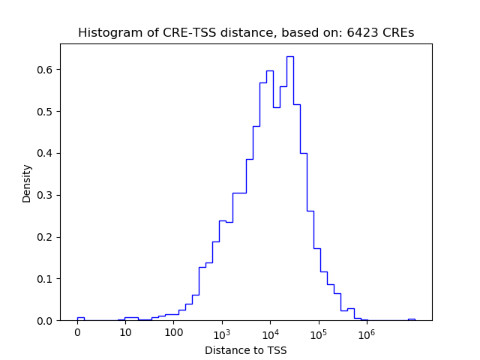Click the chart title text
(x=245, y=33)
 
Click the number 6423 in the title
(x=361, y=33)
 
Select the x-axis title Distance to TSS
(x=245, y=350)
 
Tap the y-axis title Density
(x=27, y=183)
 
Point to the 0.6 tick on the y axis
(x=46, y=70)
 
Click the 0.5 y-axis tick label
(x=46, y=112)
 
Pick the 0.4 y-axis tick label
(x=46, y=153)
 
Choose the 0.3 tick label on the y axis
(x=46, y=195)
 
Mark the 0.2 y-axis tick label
(x=46, y=237)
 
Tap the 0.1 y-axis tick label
(x=46, y=279)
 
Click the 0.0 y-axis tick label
(x=46, y=320)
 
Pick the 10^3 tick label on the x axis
(x=221, y=333)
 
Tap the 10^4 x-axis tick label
(x=270, y=333)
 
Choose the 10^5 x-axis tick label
(x=318, y=333)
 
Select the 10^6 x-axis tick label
(x=366, y=333)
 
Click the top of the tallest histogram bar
(x=289, y=56)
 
